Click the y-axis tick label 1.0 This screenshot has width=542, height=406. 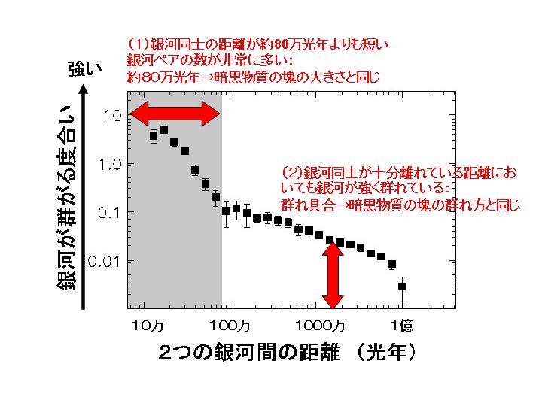pos(110,164)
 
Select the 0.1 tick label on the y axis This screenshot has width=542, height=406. pos(110,212)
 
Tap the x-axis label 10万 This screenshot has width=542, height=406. pos(148,326)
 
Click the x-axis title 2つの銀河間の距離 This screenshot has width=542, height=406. pos(256,352)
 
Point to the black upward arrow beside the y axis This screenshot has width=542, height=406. pos(85,195)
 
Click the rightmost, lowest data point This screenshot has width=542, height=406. pos(402,286)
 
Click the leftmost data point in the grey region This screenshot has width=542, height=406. pos(154,136)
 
